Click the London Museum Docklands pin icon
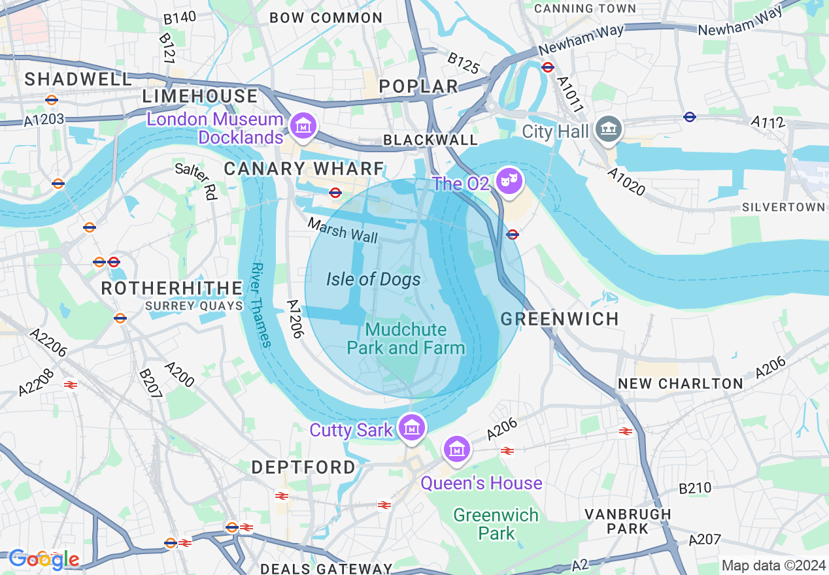tap(303, 125)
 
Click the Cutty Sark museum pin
tap(411, 427)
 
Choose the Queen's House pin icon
tap(456, 448)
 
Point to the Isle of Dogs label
tap(373, 280)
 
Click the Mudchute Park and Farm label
tap(405, 338)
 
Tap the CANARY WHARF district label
tap(304, 169)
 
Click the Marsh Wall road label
tap(343, 231)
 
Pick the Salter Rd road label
tap(196, 181)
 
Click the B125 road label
tap(464, 63)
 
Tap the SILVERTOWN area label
tap(783, 207)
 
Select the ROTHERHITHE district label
tap(172, 288)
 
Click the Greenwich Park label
tap(496, 524)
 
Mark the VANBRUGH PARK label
tap(628, 521)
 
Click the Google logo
tap(44, 559)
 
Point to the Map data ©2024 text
tap(773, 565)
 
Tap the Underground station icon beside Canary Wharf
tap(335, 192)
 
